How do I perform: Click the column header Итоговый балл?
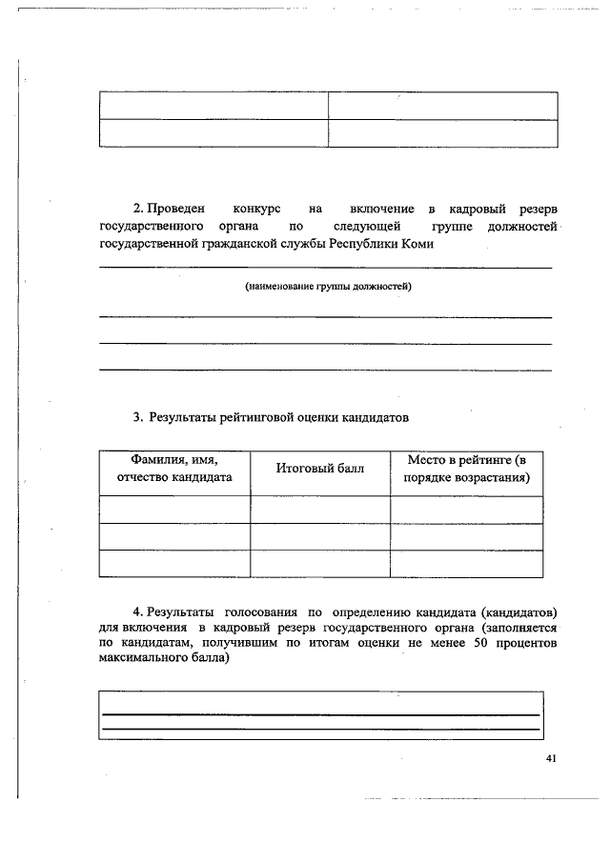(320, 469)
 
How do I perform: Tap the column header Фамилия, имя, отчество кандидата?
(174, 469)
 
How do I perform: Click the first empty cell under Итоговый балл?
(320, 510)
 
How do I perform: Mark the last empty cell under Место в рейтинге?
(466, 564)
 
